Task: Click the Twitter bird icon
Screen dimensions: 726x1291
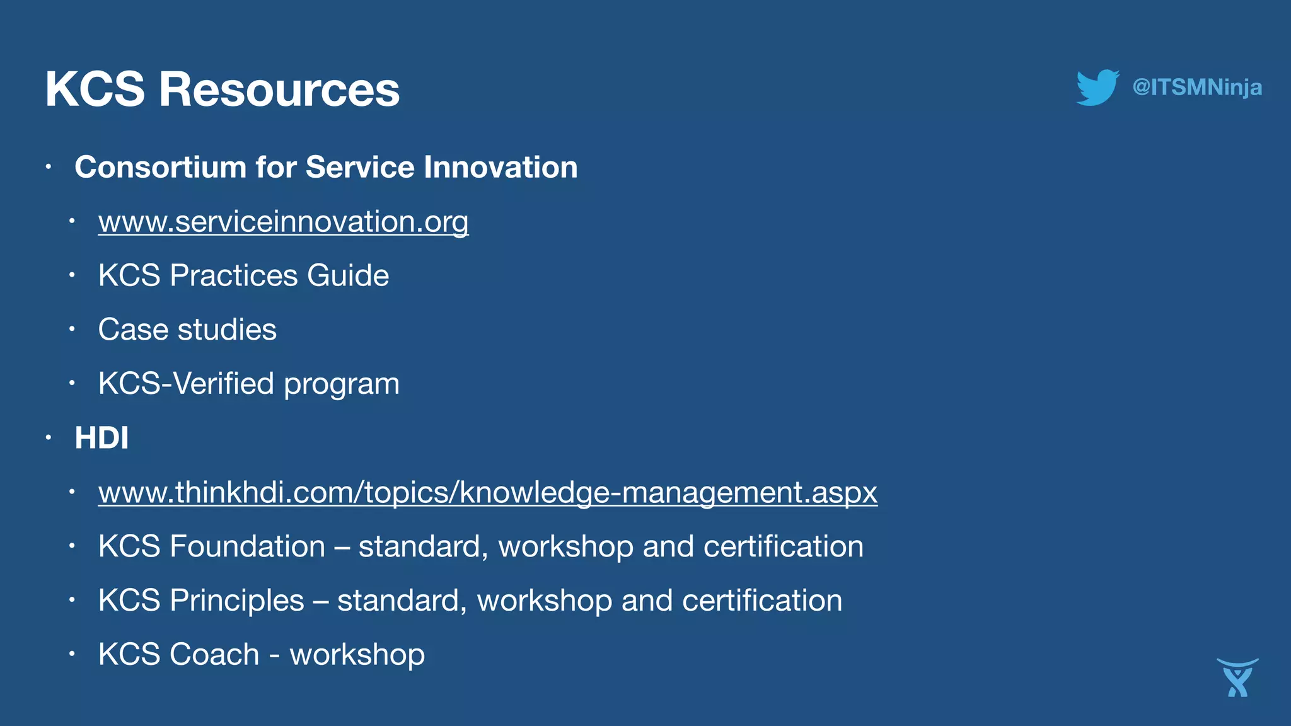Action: point(1097,88)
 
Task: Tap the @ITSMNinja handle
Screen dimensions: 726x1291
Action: point(1197,87)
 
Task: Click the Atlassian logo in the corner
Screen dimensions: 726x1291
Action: point(1237,677)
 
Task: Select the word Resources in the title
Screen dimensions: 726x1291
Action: point(279,89)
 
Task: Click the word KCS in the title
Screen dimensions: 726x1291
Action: point(95,89)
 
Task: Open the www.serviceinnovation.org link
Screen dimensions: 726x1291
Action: point(283,222)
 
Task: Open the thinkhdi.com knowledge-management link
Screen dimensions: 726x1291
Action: point(487,492)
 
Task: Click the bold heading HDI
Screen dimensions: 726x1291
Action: point(101,438)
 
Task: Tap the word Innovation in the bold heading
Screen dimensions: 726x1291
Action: point(501,168)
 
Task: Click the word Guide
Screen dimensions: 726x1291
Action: point(348,275)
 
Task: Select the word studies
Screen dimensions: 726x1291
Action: point(227,330)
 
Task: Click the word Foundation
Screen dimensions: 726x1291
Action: point(247,546)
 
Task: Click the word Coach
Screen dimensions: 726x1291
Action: point(214,655)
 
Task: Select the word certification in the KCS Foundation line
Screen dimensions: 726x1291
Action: point(783,546)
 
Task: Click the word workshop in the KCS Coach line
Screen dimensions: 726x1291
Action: point(357,655)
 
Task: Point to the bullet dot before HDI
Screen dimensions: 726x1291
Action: point(49,437)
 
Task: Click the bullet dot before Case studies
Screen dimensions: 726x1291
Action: point(72,329)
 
